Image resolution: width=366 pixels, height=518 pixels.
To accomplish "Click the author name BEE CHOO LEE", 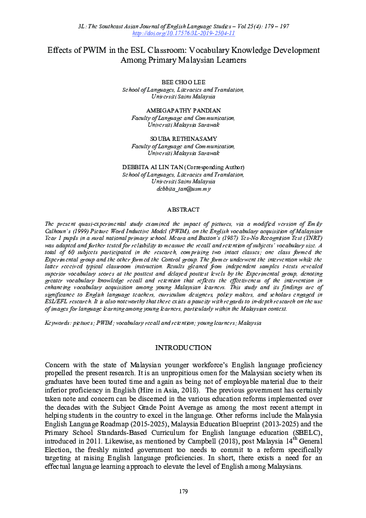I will click(183, 82).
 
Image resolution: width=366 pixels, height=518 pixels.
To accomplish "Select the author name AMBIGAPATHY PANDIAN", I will click(183, 110).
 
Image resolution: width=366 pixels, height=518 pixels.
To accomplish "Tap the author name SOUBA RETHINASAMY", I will click(183, 138).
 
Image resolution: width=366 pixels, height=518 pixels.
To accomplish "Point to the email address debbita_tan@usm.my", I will click(183, 190).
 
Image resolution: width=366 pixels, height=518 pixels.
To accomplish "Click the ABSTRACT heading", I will click(183, 209).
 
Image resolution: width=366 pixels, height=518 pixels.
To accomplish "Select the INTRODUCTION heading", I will click(183, 348).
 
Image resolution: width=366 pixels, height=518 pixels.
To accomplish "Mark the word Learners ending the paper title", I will click(227, 61).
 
